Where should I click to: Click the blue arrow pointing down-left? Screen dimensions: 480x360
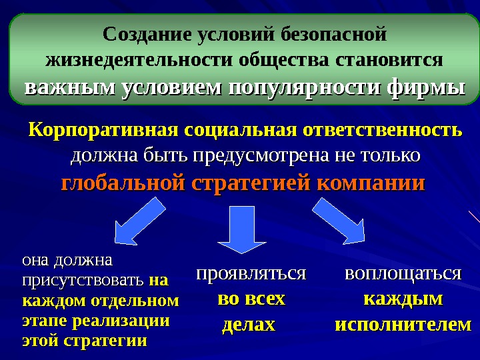[139, 223]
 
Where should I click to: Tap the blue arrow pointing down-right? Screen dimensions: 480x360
[338, 224]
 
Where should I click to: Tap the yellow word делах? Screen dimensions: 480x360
[247, 325]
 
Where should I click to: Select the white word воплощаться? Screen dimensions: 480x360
[402, 273]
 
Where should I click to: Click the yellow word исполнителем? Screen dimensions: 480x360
[402, 325]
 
